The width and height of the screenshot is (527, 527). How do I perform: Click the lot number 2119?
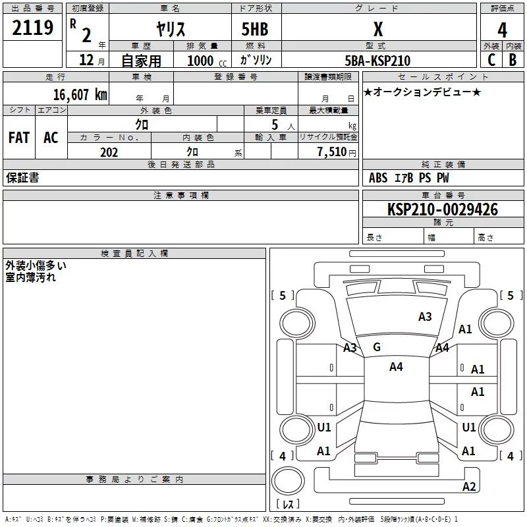tap(33, 28)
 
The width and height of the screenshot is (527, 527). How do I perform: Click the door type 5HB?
tap(255, 30)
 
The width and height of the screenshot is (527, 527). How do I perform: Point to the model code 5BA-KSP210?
tap(377, 61)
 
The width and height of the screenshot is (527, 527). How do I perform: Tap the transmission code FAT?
tap(18, 137)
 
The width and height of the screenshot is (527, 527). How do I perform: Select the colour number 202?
tap(109, 152)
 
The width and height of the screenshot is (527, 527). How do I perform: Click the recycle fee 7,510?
tap(333, 152)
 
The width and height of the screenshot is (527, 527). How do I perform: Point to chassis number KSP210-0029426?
tap(442, 209)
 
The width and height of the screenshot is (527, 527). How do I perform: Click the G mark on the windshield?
tap(377, 347)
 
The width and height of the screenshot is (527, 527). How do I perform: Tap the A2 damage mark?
tap(469, 487)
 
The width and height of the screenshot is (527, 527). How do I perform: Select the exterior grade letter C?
tap(491, 60)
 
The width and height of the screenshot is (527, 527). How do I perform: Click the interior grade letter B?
tap(513, 60)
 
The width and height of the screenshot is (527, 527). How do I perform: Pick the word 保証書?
tap(22, 178)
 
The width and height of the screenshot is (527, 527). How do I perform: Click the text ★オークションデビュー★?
tap(422, 92)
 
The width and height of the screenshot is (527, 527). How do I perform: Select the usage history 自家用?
tap(141, 61)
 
